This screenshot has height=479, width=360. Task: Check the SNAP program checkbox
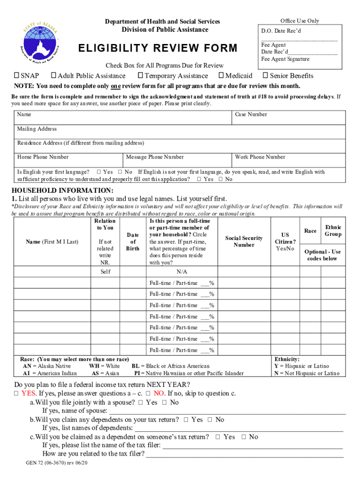[16, 76]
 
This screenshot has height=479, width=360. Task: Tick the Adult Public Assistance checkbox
[54, 76]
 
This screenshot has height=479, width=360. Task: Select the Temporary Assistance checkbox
[140, 76]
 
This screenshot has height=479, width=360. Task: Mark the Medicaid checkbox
[221, 76]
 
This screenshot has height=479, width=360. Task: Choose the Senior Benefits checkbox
[266, 76]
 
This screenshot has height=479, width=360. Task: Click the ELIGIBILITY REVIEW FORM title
[158, 49]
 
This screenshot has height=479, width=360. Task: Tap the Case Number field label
[251, 115]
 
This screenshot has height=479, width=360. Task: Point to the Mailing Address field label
[37, 129]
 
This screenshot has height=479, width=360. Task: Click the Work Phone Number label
[260, 157]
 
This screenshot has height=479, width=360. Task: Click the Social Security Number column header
[244, 241]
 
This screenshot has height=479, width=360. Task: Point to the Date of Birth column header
[133, 241]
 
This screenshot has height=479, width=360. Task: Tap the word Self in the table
[105, 272]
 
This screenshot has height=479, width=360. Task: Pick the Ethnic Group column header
[333, 231]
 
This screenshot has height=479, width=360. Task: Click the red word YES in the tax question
[29, 393]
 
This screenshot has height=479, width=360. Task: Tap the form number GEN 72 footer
[57, 463]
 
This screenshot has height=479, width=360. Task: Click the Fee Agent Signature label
[285, 59]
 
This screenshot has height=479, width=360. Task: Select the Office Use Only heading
[300, 21]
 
